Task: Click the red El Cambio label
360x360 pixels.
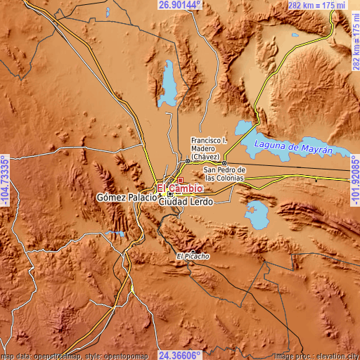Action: click(180, 188)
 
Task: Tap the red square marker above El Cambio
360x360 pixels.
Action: click(180, 180)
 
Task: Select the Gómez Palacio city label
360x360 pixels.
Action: click(127, 199)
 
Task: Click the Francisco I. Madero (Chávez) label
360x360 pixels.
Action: click(209, 148)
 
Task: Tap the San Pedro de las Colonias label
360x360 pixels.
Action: click(224, 174)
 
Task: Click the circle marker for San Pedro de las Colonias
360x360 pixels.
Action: click(224, 162)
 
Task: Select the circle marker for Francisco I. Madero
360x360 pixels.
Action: click(188, 161)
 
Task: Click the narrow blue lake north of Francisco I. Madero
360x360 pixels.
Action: click(169, 81)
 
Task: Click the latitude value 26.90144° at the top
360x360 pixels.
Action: click(179, 5)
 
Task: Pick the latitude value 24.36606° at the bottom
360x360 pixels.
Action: click(179, 355)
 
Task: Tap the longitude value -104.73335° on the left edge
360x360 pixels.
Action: click(5, 180)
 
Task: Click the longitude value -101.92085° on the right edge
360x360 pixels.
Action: click(354, 180)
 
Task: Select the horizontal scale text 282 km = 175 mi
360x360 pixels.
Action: click(316, 5)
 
